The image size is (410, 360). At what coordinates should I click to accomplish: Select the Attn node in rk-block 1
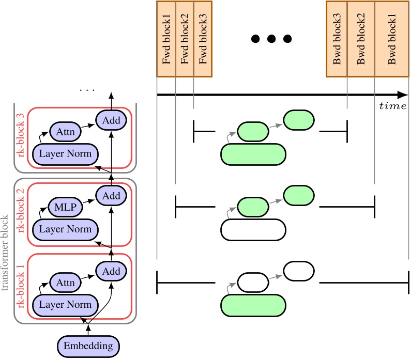(65, 283)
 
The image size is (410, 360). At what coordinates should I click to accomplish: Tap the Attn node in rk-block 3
(65, 132)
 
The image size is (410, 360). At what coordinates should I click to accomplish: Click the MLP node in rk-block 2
(65, 208)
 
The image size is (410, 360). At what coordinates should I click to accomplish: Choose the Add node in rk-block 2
(111, 195)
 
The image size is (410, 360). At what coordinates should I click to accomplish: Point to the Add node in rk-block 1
(111, 271)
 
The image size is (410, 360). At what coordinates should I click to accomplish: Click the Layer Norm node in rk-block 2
(66, 229)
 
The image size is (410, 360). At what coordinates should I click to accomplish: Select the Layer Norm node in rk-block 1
(66, 304)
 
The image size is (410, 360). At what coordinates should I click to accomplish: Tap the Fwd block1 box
(166, 39)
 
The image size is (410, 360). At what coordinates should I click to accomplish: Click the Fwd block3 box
(203, 39)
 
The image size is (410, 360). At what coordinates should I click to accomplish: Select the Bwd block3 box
(337, 39)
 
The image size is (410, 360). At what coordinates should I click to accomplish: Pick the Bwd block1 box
(391, 39)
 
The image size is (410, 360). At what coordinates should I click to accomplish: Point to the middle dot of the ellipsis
(271, 39)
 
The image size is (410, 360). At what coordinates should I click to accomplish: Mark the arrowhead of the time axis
(403, 95)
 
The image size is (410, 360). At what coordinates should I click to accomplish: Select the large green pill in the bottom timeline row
(253, 304)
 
